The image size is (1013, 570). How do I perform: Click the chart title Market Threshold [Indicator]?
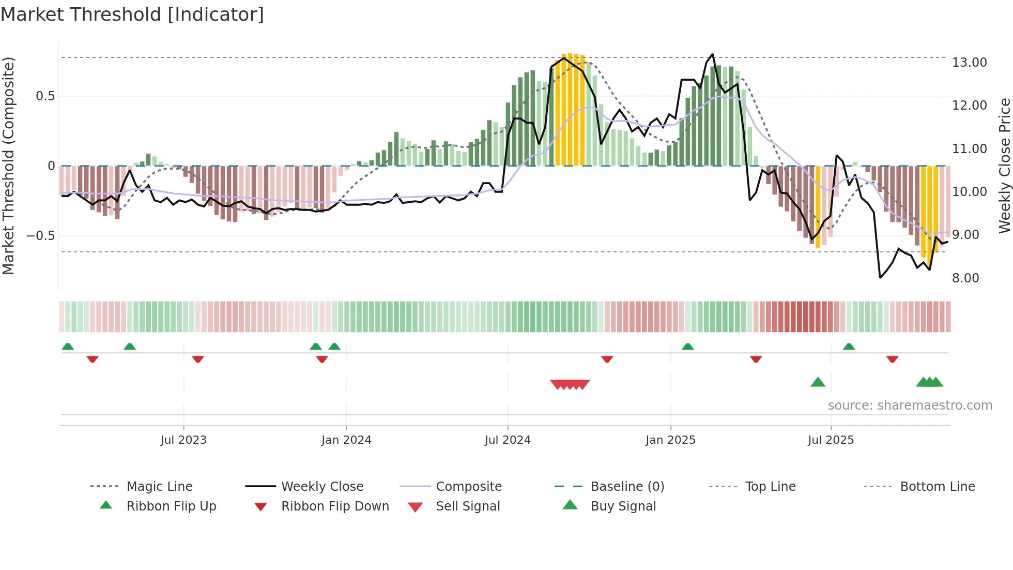pyautogui.click(x=132, y=14)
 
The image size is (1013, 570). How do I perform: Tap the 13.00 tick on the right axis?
pyautogui.click(x=969, y=63)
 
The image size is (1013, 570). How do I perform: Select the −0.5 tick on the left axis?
pyautogui.click(x=40, y=236)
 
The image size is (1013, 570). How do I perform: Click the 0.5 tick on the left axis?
pyautogui.click(x=45, y=96)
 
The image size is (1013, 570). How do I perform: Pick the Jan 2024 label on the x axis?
pyautogui.click(x=346, y=440)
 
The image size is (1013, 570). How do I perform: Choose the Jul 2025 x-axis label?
pyautogui.click(x=831, y=440)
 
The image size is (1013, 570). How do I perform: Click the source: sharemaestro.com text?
pyautogui.click(x=910, y=406)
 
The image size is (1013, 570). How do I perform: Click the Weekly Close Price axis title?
pyautogui.click(x=1004, y=166)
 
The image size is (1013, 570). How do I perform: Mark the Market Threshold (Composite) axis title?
pyautogui.click(x=8, y=166)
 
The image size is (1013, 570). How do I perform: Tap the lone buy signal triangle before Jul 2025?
pyautogui.click(x=818, y=382)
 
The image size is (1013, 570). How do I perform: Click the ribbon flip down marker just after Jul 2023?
pyautogui.click(x=198, y=359)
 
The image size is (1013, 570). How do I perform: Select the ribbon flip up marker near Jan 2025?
pyautogui.click(x=687, y=347)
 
